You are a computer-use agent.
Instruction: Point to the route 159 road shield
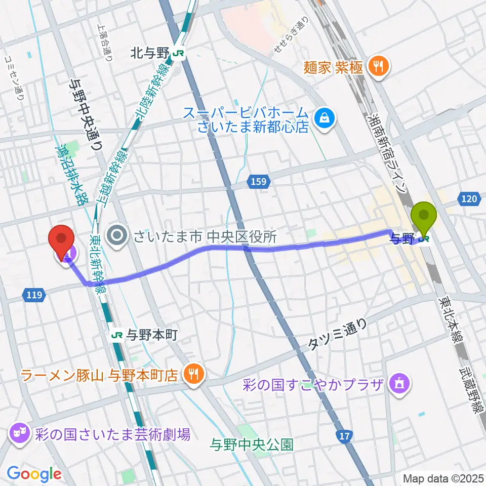tap(258, 181)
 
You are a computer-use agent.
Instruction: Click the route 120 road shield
tap(469, 199)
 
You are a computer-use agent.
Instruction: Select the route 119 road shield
tap(32, 294)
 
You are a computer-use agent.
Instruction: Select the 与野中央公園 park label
tap(252, 445)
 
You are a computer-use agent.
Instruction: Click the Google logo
tap(34, 474)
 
